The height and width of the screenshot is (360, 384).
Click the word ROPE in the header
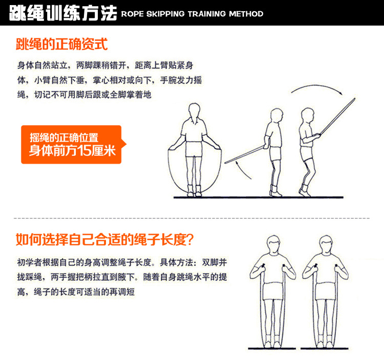click(x=132, y=14)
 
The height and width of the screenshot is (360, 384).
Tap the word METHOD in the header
click(x=246, y=14)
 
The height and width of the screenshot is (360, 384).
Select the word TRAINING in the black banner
click(x=207, y=14)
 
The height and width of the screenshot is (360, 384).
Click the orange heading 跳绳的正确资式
click(x=62, y=44)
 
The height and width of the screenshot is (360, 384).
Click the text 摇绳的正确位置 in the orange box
click(x=64, y=138)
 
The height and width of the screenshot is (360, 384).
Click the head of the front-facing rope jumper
click(x=195, y=109)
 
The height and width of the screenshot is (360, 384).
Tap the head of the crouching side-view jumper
click(x=308, y=115)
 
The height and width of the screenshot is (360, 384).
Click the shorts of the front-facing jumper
click(x=194, y=149)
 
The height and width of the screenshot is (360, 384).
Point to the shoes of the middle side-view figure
click(x=276, y=191)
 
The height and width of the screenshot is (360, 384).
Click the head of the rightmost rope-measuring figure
click(x=326, y=244)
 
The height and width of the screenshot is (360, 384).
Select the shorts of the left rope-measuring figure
click(x=272, y=291)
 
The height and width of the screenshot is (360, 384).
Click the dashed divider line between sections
click(x=192, y=218)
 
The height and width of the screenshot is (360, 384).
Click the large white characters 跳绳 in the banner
click(x=27, y=13)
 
